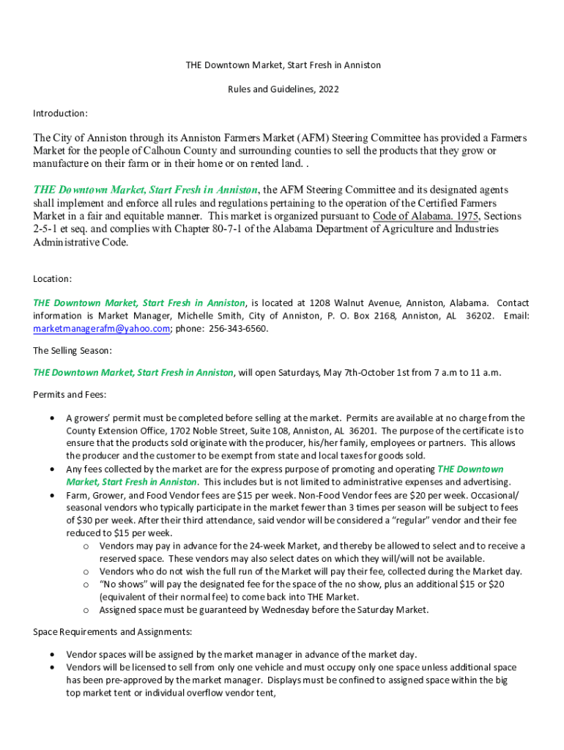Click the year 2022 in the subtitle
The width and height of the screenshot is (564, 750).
[329, 89]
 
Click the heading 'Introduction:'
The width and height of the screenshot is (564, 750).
[61, 114]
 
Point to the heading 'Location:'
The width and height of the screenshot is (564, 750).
[53, 279]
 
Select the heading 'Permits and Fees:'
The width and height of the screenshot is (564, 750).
[70, 395]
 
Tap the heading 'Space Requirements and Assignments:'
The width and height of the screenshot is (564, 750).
[113, 631]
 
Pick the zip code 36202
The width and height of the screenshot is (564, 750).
[480, 316]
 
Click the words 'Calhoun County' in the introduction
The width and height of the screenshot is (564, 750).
[163, 151]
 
